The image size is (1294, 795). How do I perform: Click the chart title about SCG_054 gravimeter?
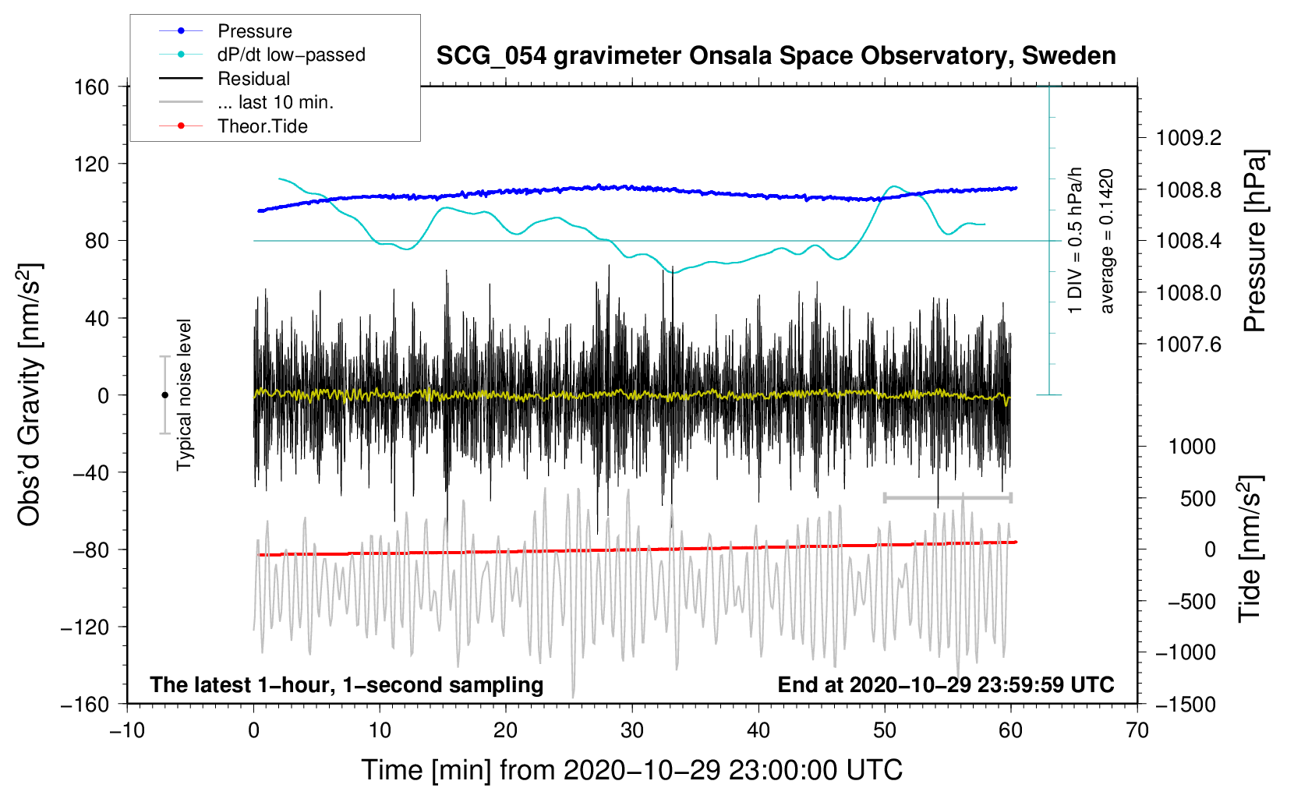click(776, 56)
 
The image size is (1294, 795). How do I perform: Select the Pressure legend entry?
click(254, 31)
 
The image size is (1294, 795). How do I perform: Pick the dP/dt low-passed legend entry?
click(291, 55)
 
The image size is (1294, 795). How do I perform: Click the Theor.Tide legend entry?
click(262, 126)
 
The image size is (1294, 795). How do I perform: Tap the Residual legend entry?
click(253, 79)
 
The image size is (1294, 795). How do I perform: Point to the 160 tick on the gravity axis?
click(92, 87)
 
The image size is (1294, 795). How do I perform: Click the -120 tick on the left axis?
click(85, 627)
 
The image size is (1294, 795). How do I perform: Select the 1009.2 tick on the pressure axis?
click(1189, 138)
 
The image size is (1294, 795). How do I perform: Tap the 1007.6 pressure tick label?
click(1189, 344)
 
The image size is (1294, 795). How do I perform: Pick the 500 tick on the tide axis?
click(1197, 498)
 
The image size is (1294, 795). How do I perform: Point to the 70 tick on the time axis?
click(1137, 730)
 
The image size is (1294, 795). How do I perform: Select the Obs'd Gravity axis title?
click(30, 394)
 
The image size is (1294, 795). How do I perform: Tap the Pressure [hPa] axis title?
click(1254, 241)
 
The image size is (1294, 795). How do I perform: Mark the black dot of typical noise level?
click(164, 395)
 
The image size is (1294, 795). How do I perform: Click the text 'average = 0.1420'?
click(1107, 241)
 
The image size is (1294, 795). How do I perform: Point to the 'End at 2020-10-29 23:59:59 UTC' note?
click(946, 684)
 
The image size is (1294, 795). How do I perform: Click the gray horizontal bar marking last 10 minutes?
click(947, 497)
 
